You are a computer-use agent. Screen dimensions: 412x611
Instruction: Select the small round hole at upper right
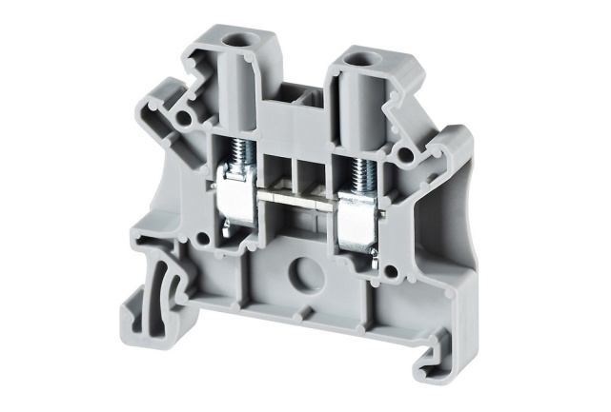click(407, 152)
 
